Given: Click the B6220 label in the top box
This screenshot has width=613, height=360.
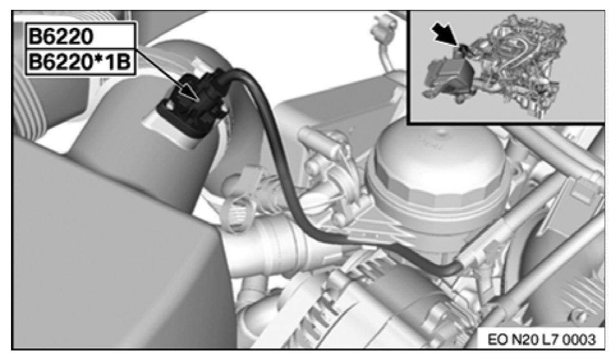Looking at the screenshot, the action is (x=61, y=37).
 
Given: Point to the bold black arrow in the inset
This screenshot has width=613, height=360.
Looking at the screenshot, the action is (x=445, y=35).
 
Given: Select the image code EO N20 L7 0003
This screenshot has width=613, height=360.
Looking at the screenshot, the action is (x=542, y=339).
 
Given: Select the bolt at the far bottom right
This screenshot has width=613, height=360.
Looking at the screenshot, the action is (x=577, y=314).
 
